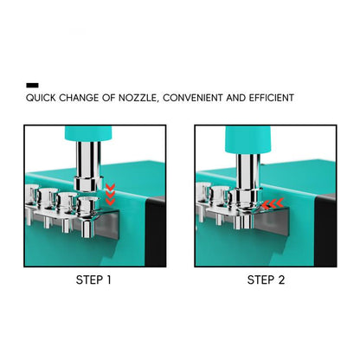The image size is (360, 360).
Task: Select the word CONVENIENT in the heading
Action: coord(193,98)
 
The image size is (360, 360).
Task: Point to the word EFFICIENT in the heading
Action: coord(271,98)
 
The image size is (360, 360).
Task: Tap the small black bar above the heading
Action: coord(32,85)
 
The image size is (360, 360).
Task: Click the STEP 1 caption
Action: coord(93,280)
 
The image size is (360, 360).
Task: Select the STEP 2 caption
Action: coord(266,280)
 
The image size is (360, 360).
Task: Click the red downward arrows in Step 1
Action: coord(110,194)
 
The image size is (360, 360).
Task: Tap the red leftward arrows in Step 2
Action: coord(273,203)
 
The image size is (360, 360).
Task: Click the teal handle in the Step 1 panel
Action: coord(88,133)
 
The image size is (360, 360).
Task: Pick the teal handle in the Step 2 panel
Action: coord(248,139)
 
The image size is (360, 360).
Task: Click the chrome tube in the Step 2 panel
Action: coord(247,174)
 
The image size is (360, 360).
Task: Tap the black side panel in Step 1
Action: coord(155,231)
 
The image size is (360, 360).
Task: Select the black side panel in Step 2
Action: coord(325,230)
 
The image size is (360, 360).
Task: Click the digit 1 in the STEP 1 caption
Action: coord(108,280)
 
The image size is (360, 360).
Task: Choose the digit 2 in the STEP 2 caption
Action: coord(281,280)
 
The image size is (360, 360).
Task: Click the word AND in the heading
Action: coord(235,98)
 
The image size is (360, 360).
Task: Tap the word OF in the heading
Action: coord(109,98)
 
